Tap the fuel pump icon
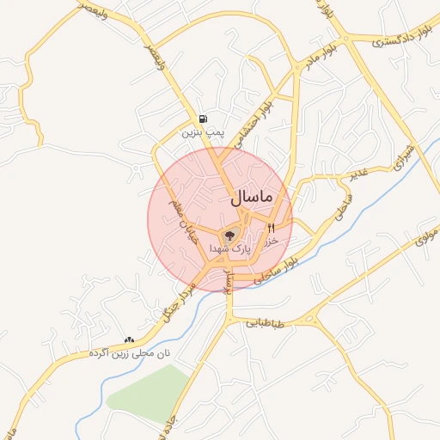(203, 119)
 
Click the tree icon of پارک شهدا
(229, 235)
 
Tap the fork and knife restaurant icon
(272, 228)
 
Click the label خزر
(272, 241)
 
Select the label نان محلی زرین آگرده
(131, 353)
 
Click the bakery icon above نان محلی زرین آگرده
(130, 339)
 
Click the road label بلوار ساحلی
(296, 264)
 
